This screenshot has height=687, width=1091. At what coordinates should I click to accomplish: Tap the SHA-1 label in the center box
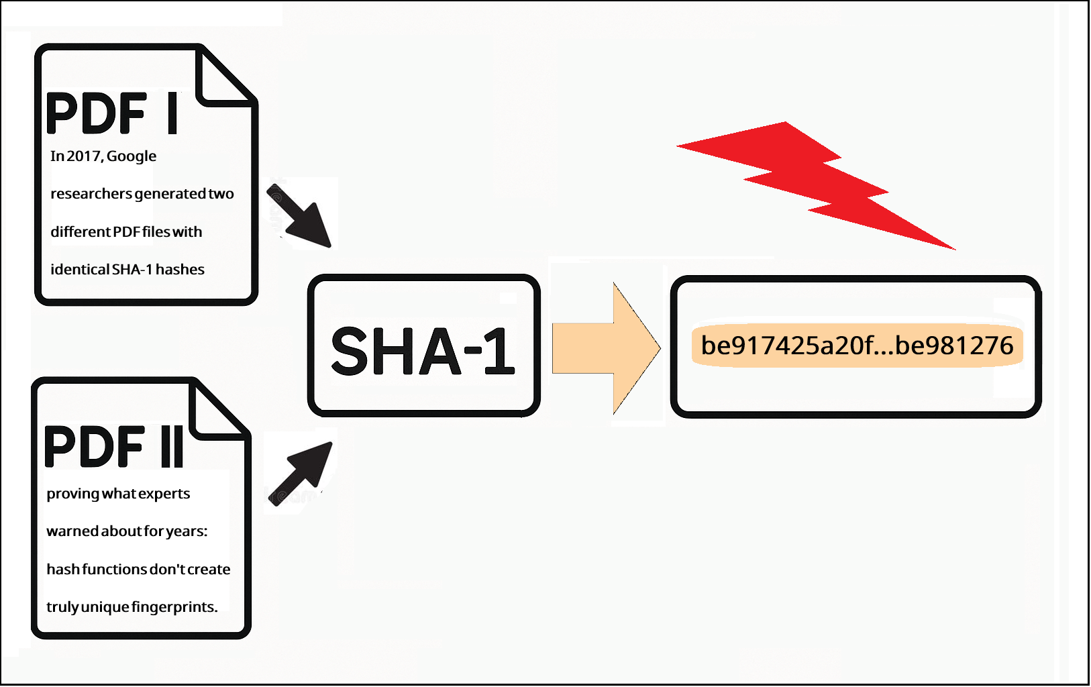click(423, 350)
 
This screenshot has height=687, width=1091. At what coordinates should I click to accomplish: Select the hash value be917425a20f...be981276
click(857, 346)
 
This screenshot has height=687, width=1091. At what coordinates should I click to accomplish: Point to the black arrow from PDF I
click(301, 216)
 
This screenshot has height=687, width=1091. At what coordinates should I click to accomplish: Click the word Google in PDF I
click(132, 156)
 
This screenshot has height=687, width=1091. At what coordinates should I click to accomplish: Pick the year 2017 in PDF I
click(84, 156)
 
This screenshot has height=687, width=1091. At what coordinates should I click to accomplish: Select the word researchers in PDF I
click(91, 194)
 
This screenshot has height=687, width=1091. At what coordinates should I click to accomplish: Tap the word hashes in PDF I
click(180, 270)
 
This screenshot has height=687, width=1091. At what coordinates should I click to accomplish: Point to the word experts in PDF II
click(164, 494)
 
